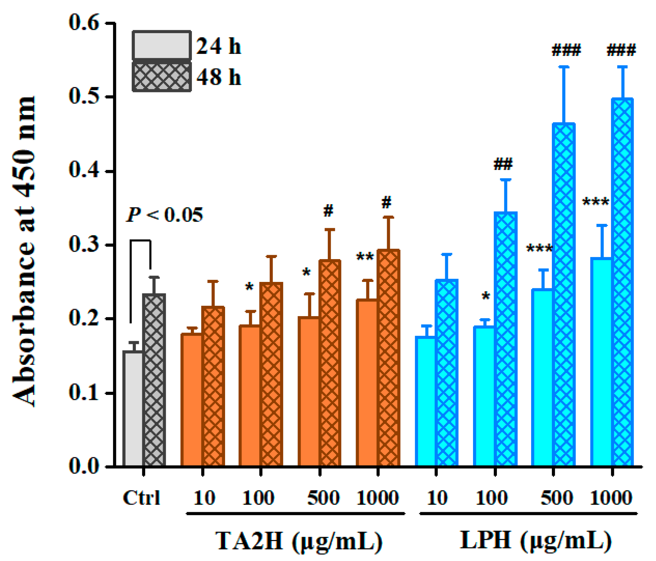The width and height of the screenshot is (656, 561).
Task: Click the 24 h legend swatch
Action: pyautogui.click(x=162, y=45)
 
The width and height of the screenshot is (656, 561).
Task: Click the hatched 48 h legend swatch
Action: pyautogui.click(x=162, y=77)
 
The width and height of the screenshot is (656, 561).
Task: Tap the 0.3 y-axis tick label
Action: pyautogui.click(x=84, y=245)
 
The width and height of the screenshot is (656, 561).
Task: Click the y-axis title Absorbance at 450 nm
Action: pyautogui.click(x=24, y=251)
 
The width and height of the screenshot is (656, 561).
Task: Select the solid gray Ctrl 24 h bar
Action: pyautogui.click(x=133, y=408)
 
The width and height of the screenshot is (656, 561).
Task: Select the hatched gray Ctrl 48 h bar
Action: pyautogui.click(x=154, y=380)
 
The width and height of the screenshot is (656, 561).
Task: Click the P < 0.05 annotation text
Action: pyautogui.click(x=165, y=215)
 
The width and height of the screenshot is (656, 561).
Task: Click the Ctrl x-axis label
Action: pyautogui.click(x=142, y=498)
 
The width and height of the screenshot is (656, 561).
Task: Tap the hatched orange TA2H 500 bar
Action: pyautogui.click(x=330, y=363)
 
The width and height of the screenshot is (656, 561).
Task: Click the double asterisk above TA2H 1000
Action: pyautogui.click(x=365, y=257)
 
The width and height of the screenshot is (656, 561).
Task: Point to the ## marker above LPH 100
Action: pyautogui.click(x=503, y=165)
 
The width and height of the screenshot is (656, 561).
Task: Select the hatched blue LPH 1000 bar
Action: pyautogui.click(x=622, y=282)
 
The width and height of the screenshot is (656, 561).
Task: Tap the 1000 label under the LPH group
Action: pyautogui.click(x=611, y=498)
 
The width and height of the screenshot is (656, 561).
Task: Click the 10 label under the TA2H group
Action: pyautogui.click(x=204, y=498)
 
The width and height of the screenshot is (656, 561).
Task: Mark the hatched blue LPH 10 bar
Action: pyautogui.click(x=447, y=372)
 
